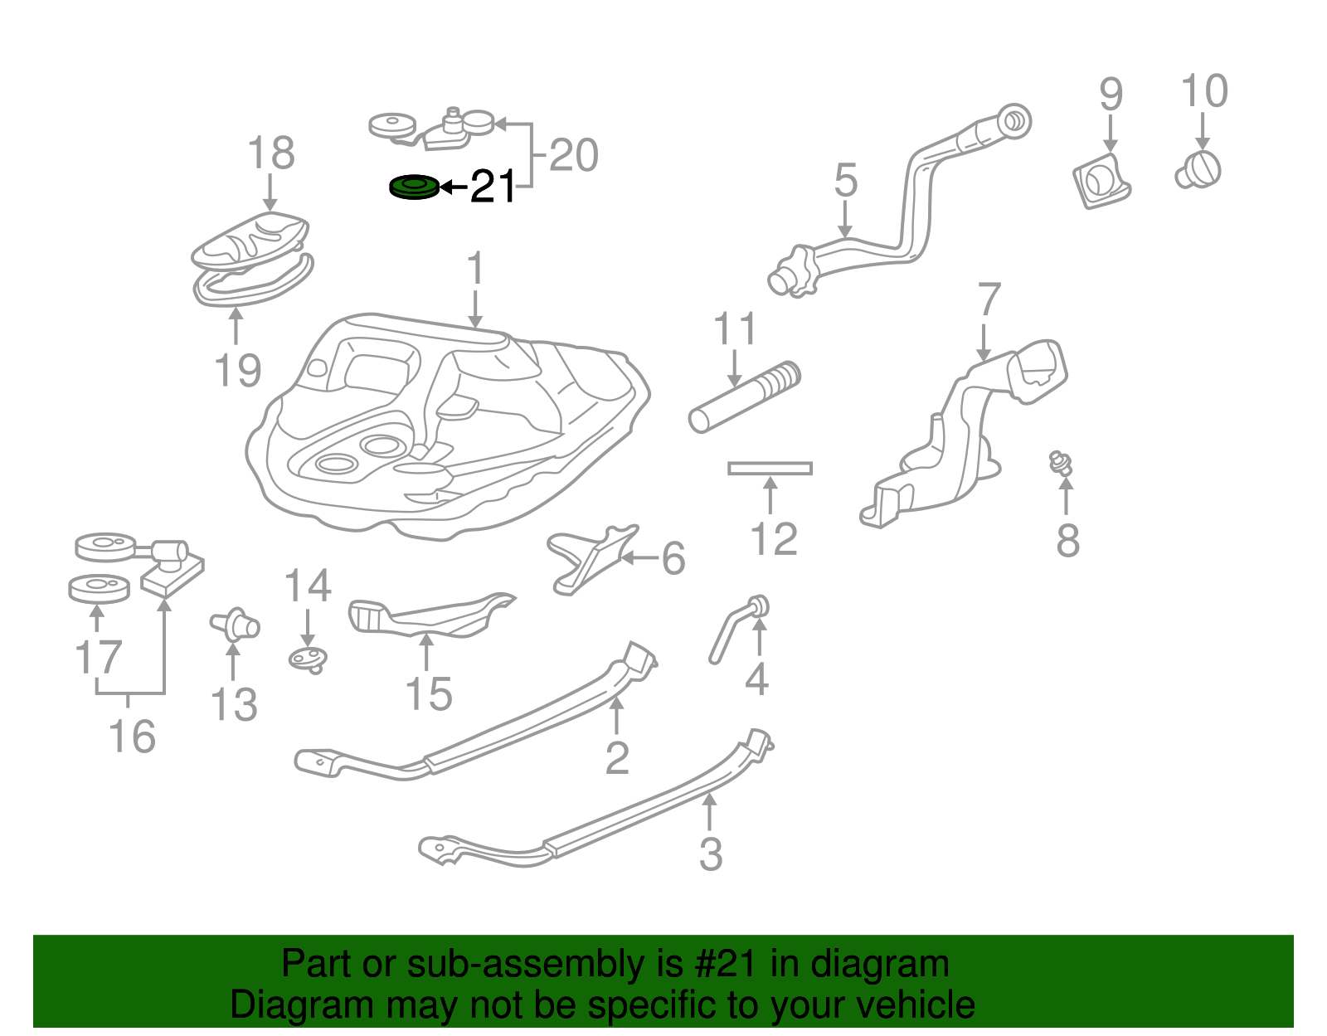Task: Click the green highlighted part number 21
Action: tap(414, 187)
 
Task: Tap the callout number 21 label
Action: tap(493, 187)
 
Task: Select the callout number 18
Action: tap(270, 153)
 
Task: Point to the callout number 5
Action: tap(845, 180)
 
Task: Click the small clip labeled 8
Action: tap(1060, 463)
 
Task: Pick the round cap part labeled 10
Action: tap(1199, 169)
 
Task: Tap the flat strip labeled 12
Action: tap(770, 469)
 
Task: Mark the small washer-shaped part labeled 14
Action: tap(308, 659)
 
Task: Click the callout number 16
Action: tap(133, 737)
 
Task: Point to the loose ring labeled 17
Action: tap(99, 589)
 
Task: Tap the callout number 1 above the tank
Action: tap(474, 270)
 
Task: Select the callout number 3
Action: tap(711, 854)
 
